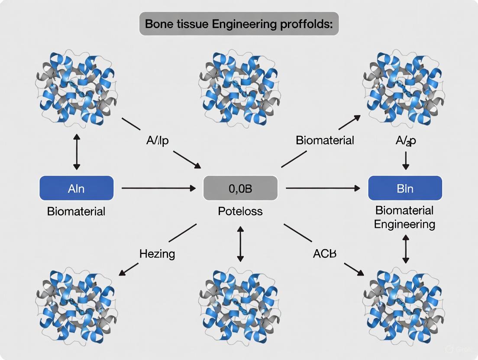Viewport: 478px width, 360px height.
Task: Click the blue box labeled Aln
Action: pyautogui.click(x=76, y=188)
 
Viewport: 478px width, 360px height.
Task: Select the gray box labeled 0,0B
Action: pyautogui.click(x=240, y=188)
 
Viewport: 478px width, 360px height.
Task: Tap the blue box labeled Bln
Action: pyautogui.click(x=405, y=188)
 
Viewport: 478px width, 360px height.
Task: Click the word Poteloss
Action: pyautogui.click(x=240, y=212)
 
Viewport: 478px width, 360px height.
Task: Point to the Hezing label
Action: pyautogui.click(x=157, y=254)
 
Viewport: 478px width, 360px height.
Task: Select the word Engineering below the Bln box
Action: pyautogui.click(x=404, y=224)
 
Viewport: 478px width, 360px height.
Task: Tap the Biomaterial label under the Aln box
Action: pyautogui.click(x=76, y=212)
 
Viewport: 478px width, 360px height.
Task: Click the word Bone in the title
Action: pyautogui.click(x=158, y=24)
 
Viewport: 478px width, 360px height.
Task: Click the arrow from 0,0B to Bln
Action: pyautogui.click(x=323, y=188)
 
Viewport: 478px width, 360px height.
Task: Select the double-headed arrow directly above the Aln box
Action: pyautogui.click(x=77, y=152)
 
